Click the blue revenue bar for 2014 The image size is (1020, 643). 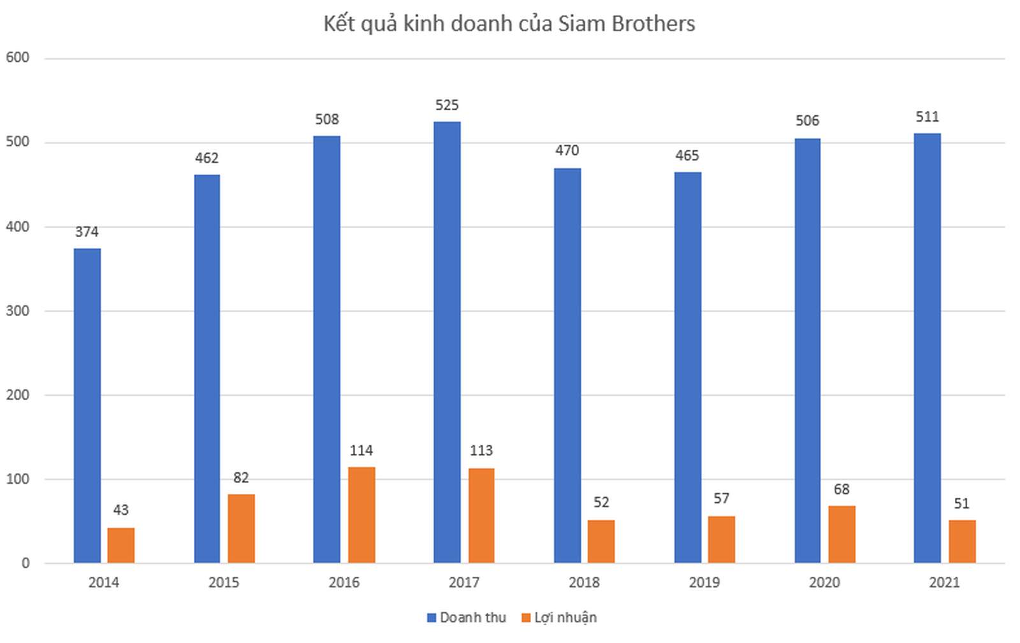87,405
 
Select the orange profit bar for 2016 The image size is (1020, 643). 361,515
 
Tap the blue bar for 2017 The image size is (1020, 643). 447,342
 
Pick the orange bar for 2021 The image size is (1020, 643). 962,541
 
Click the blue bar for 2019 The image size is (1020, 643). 687,367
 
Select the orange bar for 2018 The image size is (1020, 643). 601,541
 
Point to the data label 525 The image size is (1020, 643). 447,105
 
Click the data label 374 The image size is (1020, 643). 87,232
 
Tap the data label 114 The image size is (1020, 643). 361,451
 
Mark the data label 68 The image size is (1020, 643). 841,489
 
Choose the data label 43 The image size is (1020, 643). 121,510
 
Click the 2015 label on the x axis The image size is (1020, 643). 224,582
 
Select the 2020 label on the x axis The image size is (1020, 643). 824,582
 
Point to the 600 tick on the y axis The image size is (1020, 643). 18,58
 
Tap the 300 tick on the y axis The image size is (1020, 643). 18,311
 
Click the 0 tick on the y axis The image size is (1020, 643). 25,563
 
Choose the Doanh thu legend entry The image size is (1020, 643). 467,618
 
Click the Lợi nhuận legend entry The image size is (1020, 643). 559,618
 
